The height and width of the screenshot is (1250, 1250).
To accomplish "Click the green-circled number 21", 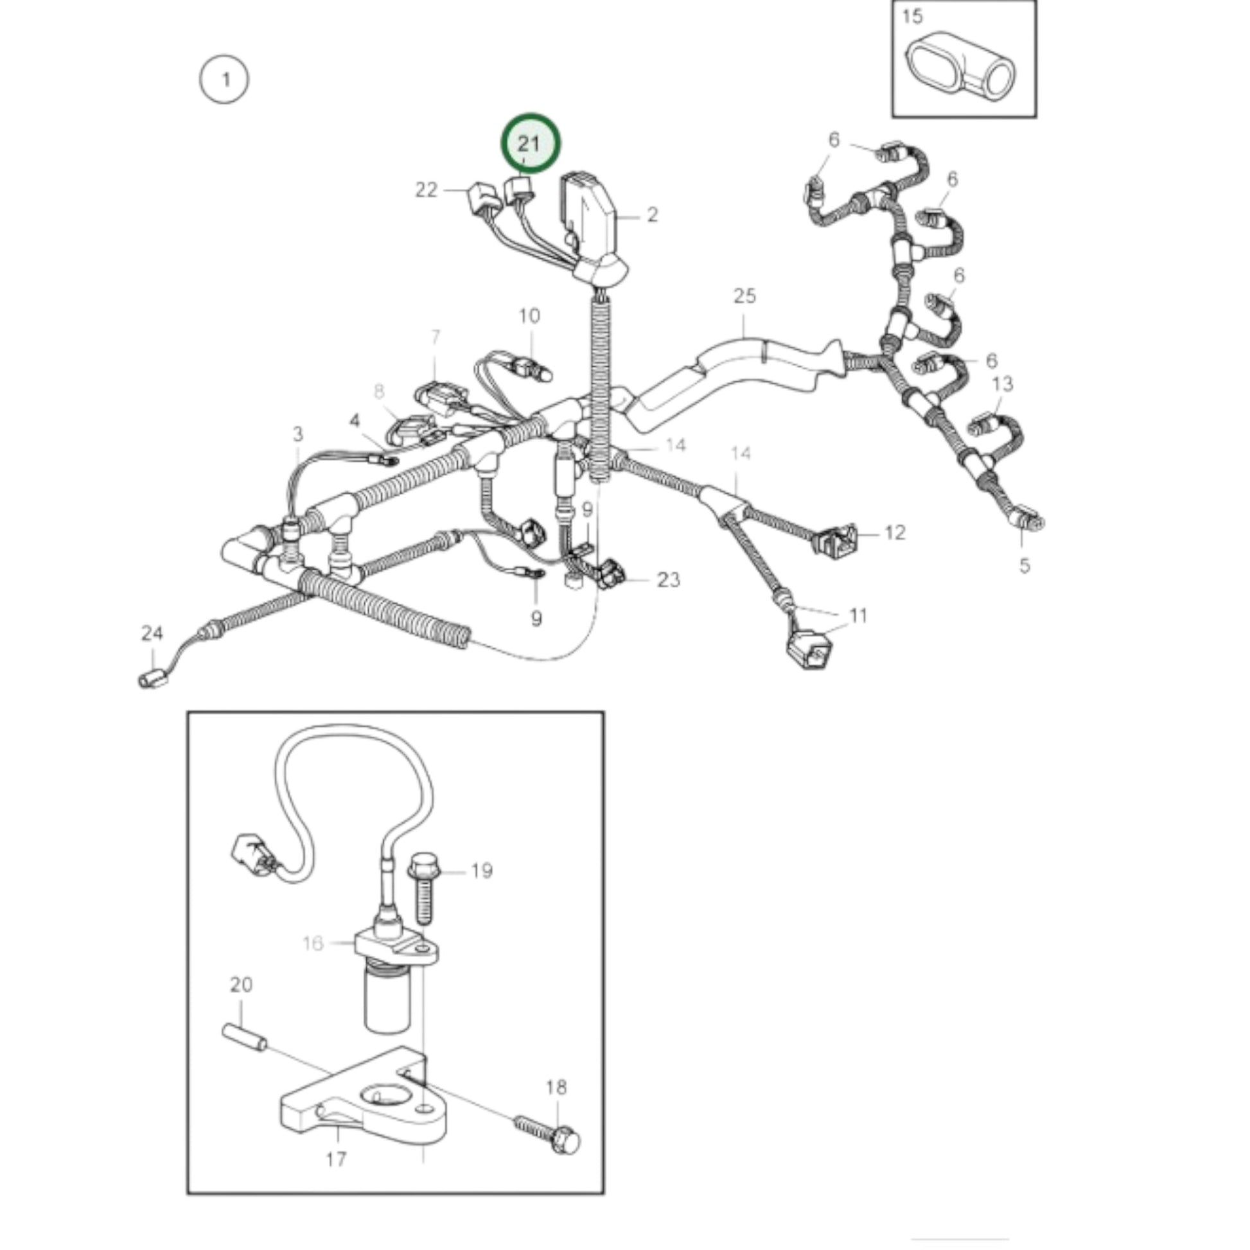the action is click(529, 143).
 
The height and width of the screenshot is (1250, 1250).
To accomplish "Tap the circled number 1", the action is click(224, 80).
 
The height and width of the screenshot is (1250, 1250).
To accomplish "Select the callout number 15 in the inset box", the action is click(912, 16).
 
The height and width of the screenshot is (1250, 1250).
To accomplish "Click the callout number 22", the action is click(427, 189).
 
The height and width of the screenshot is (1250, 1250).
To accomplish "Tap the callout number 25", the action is click(744, 295).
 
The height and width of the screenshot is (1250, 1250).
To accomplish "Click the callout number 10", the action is click(529, 316).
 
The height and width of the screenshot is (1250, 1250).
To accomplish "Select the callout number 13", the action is click(1002, 383).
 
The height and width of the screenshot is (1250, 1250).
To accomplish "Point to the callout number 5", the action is click(1025, 565).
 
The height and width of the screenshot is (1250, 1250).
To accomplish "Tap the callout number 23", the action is click(668, 579).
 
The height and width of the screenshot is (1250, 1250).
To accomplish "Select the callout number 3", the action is click(297, 434).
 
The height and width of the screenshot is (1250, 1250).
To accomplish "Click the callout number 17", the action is click(336, 1159).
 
